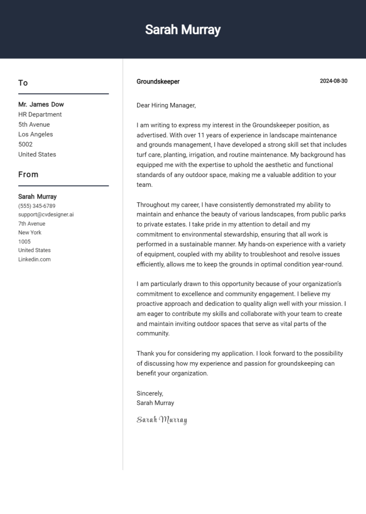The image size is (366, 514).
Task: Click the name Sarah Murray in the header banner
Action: (183, 30)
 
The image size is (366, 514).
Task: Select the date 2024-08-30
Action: (333, 81)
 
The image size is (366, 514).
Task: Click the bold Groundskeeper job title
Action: (158, 82)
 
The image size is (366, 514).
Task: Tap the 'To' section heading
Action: (23, 83)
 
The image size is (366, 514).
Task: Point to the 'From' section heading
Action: (28, 175)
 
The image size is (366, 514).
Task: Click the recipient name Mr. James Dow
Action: (41, 104)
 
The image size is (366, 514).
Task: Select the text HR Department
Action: (40, 114)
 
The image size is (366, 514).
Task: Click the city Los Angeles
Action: (36, 134)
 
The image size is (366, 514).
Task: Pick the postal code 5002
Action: (25, 144)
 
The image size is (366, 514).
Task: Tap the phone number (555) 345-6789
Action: (37, 206)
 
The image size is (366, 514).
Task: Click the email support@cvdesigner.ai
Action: (46, 215)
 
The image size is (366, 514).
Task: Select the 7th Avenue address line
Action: (32, 224)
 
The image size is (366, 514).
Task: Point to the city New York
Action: (30, 233)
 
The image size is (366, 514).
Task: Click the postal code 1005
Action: (24, 242)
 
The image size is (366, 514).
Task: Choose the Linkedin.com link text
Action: (34, 259)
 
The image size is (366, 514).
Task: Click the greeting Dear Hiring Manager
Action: (166, 105)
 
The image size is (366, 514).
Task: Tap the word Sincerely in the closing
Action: (150, 393)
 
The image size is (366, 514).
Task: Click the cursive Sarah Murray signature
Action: (162, 420)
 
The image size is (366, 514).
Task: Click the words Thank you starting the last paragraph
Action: (150, 353)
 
